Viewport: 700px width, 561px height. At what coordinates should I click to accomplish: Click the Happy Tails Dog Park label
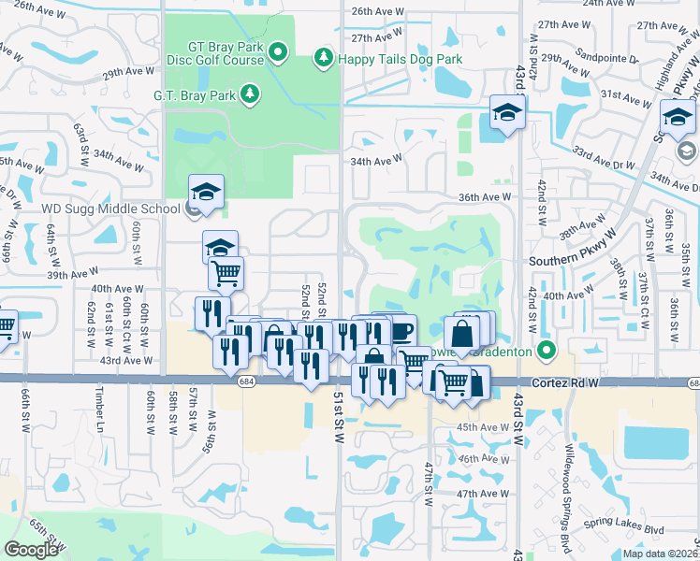click(x=401, y=59)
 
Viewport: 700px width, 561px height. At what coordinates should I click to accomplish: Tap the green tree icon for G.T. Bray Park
click(x=250, y=93)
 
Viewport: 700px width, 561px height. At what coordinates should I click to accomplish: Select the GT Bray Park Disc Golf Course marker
click(x=278, y=50)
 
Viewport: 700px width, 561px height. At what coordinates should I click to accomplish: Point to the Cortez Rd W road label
click(x=564, y=383)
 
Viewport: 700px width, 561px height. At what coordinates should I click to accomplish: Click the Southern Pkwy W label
click(x=569, y=262)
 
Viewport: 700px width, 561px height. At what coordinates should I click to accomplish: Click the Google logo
click(x=32, y=550)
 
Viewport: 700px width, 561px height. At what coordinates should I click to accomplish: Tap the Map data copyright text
click(x=661, y=554)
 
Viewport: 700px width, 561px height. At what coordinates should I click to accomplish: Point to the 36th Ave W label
click(x=485, y=197)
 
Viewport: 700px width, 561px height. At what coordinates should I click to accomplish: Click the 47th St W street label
click(x=429, y=483)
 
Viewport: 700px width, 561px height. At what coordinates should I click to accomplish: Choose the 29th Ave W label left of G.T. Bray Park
click(x=125, y=73)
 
